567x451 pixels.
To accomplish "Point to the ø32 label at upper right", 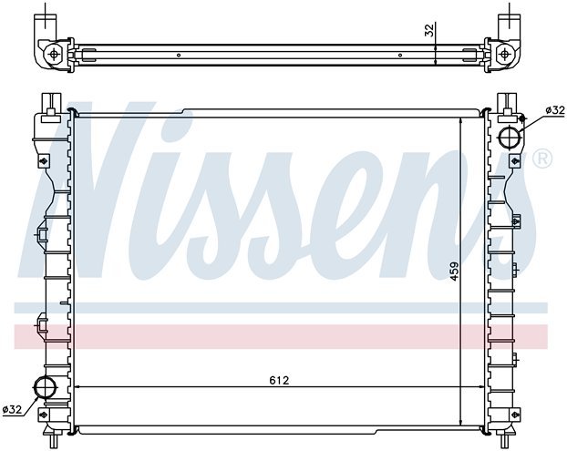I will point(554,110).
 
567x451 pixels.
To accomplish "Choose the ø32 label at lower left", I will point(12,409).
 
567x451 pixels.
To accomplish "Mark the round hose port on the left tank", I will point(43,389).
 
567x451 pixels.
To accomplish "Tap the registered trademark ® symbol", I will point(541,160).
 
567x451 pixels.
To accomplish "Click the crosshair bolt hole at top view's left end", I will point(57,53).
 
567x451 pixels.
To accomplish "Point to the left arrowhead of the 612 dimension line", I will point(77,387).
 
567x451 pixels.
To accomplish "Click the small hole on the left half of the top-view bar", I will point(179,54).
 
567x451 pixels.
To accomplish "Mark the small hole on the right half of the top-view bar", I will point(400,54).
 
